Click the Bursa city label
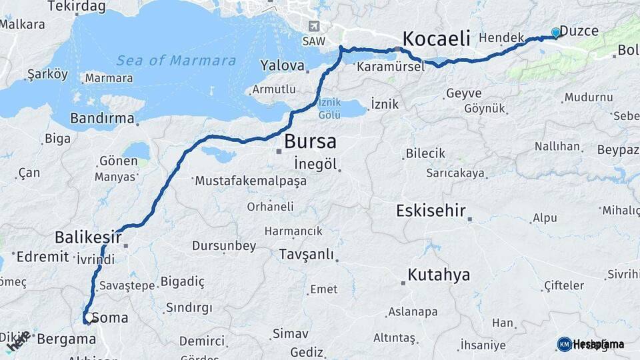pos(310,141)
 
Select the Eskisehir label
pos(430,211)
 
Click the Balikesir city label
pos(88,237)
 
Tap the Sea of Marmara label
pos(176,61)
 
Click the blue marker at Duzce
pos(555,33)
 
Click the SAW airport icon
pos(314,26)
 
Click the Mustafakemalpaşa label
pos(251,180)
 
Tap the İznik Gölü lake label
pos(330,108)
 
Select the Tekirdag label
pos(77,6)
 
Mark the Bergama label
pos(66,339)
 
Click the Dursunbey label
pos(224,245)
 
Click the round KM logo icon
pos(564,344)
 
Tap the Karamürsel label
pos(390,67)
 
